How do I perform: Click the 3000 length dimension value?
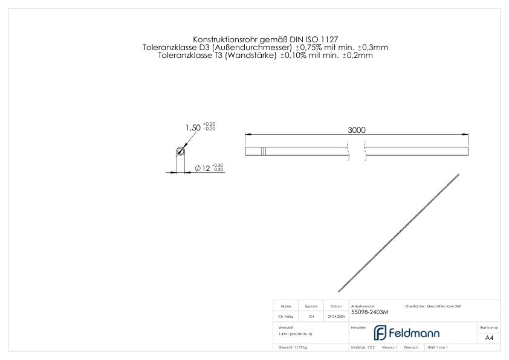pos(357,130)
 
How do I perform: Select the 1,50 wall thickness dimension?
pos(193,128)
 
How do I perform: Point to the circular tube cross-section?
pos(180,152)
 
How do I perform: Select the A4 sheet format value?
pos(489,338)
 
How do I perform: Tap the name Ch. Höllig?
pos(287,316)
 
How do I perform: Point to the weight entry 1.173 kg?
pos(294,348)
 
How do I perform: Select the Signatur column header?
pos(311,306)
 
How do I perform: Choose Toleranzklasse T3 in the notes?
pos(187,55)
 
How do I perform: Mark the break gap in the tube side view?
pos(357,151)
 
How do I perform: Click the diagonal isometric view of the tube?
pos(399,233)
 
